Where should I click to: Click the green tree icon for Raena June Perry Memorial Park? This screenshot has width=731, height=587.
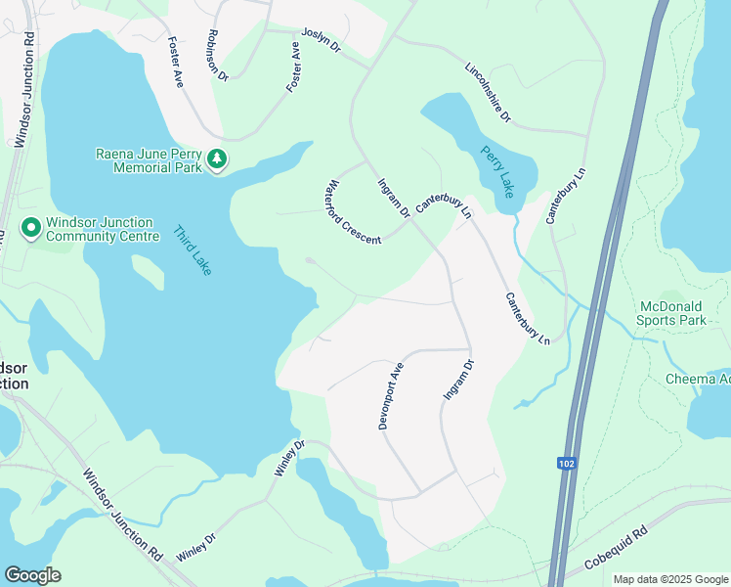click(216, 159)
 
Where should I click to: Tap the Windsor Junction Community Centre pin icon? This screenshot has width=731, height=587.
click(31, 229)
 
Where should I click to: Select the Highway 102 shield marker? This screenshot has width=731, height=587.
click(566, 463)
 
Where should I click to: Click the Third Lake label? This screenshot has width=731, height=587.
click(193, 250)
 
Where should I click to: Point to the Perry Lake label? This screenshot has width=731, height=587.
click(496, 172)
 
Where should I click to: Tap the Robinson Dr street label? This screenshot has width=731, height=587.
click(216, 54)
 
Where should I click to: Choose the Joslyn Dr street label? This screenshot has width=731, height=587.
click(321, 40)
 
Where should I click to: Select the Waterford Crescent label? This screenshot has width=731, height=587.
click(354, 211)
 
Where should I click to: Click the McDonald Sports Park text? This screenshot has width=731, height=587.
click(671, 312)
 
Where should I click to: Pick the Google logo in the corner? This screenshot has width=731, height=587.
click(32, 574)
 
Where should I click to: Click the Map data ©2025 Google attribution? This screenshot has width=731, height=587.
click(670, 579)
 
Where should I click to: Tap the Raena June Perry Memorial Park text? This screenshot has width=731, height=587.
click(149, 159)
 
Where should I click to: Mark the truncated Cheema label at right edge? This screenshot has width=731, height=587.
click(698, 379)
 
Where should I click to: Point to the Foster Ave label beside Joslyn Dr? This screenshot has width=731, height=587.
click(293, 67)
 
